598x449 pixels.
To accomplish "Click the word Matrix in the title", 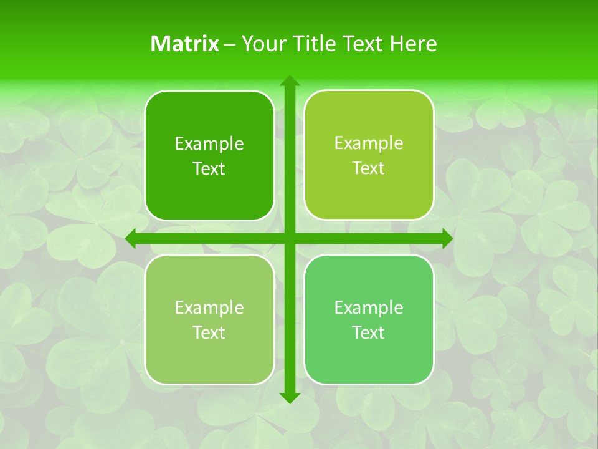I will pyautogui.click(x=185, y=44).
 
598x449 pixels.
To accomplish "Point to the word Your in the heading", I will pyautogui.click(x=260, y=44).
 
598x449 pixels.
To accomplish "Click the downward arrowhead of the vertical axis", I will pyautogui.click(x=290, y=398).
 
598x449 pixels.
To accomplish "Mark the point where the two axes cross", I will pyautogui.click(x=290, y=238).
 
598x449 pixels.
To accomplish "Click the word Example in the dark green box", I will pyautogui.click(x=209, y=144).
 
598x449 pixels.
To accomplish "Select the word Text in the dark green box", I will pyautogui.click(x=209, y=169).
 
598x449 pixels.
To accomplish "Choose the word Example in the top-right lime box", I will pyautogui.click(x=369, y=143).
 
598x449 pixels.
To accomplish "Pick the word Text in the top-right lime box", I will pyautogui.click(x=369, y=168).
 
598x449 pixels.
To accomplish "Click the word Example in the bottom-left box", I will pyautogui.click(x=209, y=308).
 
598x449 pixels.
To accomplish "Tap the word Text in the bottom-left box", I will pyautogui.click(x=209, y=333).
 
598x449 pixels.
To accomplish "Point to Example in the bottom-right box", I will pyautogui.click(x=369, y=307).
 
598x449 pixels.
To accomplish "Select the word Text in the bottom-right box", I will pyautogui.click(x=369, y=332).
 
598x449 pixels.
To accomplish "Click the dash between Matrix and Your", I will pyautogui.click(x=230, y=44).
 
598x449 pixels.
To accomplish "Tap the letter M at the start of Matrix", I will pyautogui.click(x=159, y=44).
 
